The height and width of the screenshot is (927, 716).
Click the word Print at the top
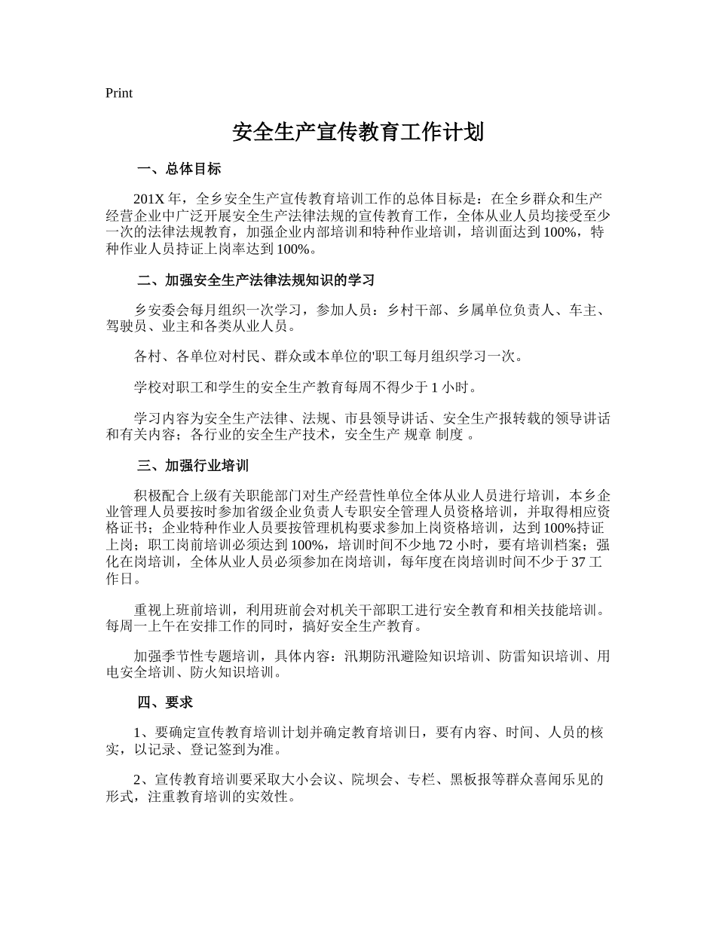(x=119, y=93)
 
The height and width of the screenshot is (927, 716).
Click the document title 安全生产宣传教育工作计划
(x=357, y=133)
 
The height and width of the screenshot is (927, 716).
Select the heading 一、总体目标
(x=179, y=170)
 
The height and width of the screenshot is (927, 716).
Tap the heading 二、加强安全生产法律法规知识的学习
(x=255, y=281)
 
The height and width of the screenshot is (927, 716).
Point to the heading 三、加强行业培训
(x=192, y=467)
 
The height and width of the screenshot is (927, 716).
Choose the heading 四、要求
(x=165, y=702)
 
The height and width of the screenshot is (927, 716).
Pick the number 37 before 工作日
(x=579, y=562)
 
